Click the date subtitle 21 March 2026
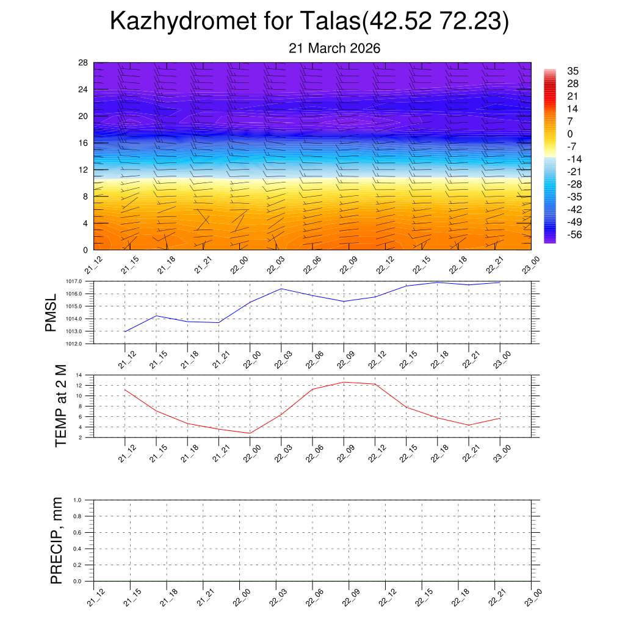pyautogui.click(x=334, y=48)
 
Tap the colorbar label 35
pyautogui.click(x=573, y=71)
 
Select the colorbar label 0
pyautogui.click(x=570, y=134)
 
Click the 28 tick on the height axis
pyautogui.click(x=83, y=62)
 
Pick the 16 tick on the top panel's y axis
pyautogui.click(x=83, y=143)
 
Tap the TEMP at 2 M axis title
pyautogui.click(x=60, y=406)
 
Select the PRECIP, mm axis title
pyautogui.click(x=57, y=540)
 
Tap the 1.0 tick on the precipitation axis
pyautogui.click(x=85, y=500)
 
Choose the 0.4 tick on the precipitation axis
pyautogui.click(x=85, y=549)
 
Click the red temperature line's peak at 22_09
pyautogui.click(x=344, y=382)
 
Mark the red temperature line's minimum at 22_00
pyautogui.click(x=250, y=433)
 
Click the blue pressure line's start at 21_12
pyautogui.click(x=125, y=331)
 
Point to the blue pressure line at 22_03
pyautogui.click(x=281, y=289)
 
